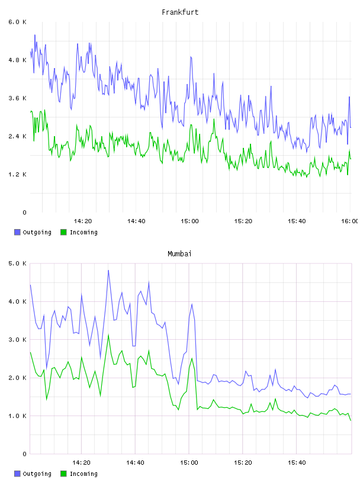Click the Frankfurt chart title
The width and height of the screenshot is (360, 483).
pyautogui.click(x=180, y=12)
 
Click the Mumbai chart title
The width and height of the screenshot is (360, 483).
pyautogui.click(x=179, y=254)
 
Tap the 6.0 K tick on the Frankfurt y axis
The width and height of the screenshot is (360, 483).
pyautogui.click(x=17, y=22)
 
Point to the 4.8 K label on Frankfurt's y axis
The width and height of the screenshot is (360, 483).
pyautogui.click(x=17, y=60)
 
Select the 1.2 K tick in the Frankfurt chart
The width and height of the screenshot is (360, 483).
pyautogui.click(x=17, y=175)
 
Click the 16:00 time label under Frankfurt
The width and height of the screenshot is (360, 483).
pyautogui.click(x=349, y=221)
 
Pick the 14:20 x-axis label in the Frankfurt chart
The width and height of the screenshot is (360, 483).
pyautogui.click(x=83, y=221)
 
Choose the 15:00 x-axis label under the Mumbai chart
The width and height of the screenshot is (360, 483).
pyautogui.click(x=189, y=463)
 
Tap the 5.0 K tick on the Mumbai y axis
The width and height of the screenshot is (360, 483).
pyautogui.click(x=17, y=263)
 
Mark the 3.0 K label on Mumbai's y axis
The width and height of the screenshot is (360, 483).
pyautogui.click(x=17, y=340)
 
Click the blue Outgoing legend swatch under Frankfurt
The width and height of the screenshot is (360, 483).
pyautogui.click(x=17, y=232)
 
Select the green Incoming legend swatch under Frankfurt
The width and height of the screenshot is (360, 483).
pyautogui.click(x=63, y=232)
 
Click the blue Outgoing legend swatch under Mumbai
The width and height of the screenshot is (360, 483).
pyautogui.click(x=17, y=474)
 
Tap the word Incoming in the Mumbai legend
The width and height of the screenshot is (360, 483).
pyautogui.click(x=83, y=474)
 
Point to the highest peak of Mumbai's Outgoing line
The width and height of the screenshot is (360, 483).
pyautogui.click(x=108, y=271)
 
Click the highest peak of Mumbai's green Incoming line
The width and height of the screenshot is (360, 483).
pyautogui.click(x=108, y=335)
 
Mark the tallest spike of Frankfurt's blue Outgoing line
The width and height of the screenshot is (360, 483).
pyautogui.click(x=35, y=35)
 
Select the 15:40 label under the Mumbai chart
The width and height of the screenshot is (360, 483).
pyautogui.click(x=297, y=463)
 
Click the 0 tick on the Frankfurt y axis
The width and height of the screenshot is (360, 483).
pyautogui.click(x=25, y=212)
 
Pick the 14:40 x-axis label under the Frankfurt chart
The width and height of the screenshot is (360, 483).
pyautogui.click(x=136, y=221)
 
